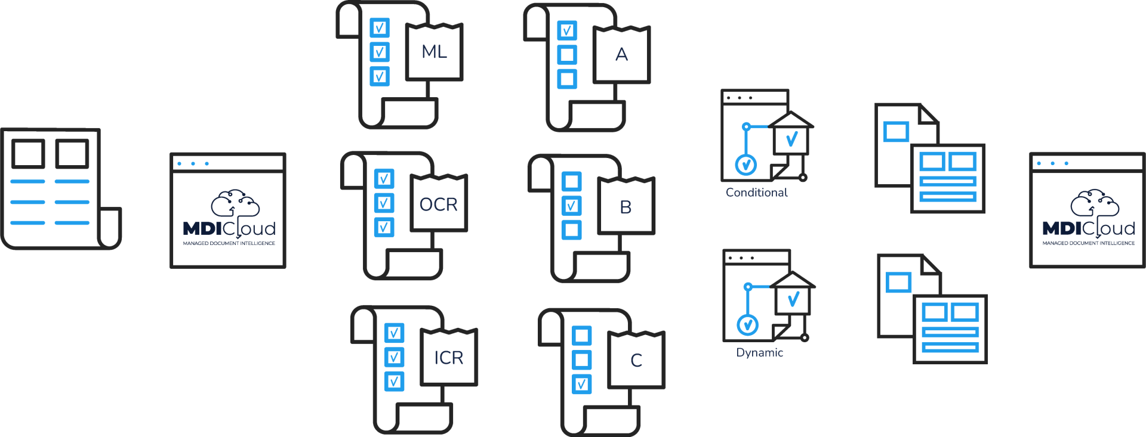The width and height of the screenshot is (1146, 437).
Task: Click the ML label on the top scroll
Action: click(x=435, y=52)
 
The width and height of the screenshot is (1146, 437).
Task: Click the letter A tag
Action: click(x=621, y=54)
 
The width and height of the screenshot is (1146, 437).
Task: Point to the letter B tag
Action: click(x=626, y=206)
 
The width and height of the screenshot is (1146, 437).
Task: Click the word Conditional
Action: click(x=756, y=193)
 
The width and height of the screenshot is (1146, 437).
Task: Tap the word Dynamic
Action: click(x=759, y=352)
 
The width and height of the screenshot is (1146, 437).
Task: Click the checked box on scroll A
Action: click(x=566, y=30)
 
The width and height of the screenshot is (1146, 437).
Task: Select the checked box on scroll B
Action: click(x=571, y=206)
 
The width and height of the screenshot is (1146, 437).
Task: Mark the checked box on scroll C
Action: click(x=581, y=384)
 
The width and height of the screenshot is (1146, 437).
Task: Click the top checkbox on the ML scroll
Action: click(x=380, y=27)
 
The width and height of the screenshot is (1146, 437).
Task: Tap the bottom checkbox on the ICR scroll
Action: click(x=394, y=382)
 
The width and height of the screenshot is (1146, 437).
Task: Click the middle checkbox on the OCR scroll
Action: click(x=384, y=203)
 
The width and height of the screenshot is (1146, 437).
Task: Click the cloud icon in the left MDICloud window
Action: click(x=235, y=204)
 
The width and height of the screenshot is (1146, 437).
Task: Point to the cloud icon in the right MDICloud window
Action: click(x=1095, y=204)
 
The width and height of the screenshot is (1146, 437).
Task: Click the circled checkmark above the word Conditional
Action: click(x=746, y=165)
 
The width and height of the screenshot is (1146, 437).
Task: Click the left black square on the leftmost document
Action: click(x=29, y=154)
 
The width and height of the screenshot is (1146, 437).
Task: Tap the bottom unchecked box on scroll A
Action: click(x=566, y=79)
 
